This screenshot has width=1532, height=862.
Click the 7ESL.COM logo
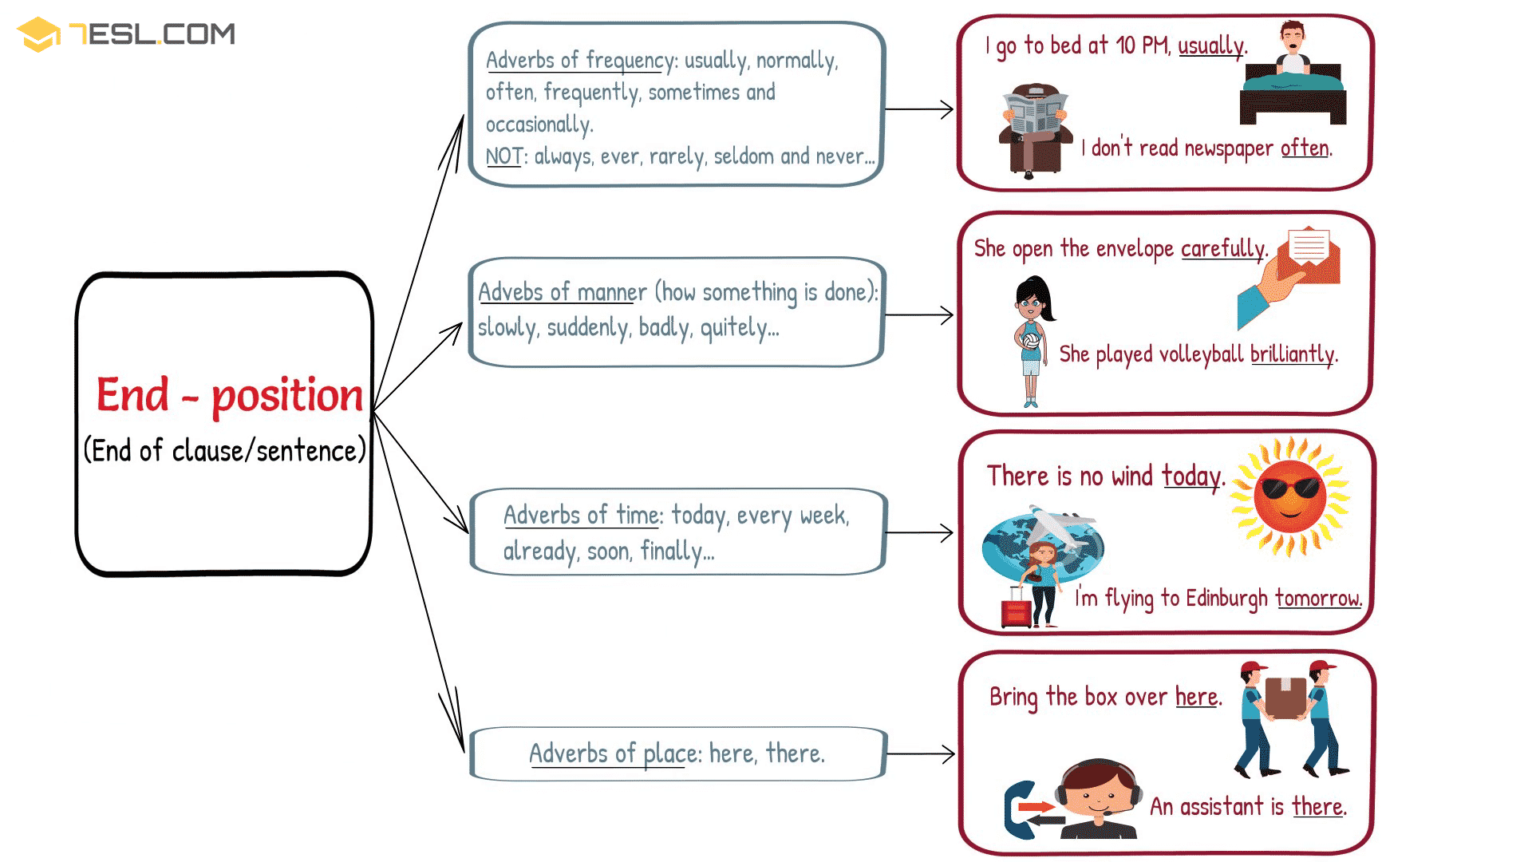point(126,34)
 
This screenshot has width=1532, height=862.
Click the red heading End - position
point(229,395)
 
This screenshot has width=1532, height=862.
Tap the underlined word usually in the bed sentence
point(1210,46)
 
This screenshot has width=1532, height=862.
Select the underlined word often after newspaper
point(1305,148)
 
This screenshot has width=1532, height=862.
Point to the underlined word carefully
point(1222,249)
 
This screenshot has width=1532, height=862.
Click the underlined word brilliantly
point(1292,354)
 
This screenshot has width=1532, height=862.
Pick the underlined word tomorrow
point(1317,598)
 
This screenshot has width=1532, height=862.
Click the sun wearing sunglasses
point(1289,496)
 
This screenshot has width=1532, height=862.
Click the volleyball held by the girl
point(1030,342)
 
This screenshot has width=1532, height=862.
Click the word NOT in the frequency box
point(503,156)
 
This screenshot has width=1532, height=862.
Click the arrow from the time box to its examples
point(919,532)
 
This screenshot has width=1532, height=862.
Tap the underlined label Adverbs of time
point(582,516)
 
